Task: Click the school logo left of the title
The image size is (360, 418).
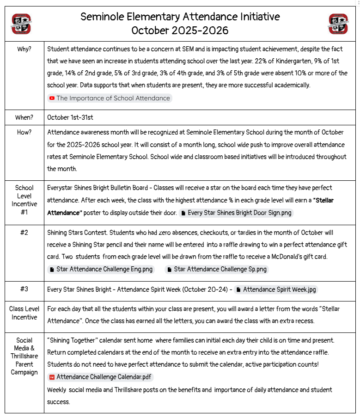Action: pyautogui.click(x=22, y=24)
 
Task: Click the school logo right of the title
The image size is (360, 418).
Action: pyautogui.click(x=338, y=24)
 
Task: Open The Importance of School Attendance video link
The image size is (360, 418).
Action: pyautogui.click(x=113, y=98)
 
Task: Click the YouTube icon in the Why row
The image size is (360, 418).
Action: pyautogui.click(x=52, y=98)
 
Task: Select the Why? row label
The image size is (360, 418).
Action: pyautogui.click(x=24, y=49)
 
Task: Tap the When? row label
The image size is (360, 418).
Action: pyautogui.click(x=24, y=117)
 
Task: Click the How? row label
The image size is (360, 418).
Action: pyautogui.click(x=24, y=132)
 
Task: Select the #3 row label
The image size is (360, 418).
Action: pyautogui.click(x=24, y=289)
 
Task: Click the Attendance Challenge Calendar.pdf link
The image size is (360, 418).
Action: pyautogui.click(x=104, y=377)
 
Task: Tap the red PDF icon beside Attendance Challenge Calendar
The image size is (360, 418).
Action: pyautogui.click(x=52, y=377)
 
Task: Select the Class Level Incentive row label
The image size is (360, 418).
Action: pyautogui.click(x=24, y=313)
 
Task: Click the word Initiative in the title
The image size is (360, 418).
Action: pyautogui.click(x=254, y=17)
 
